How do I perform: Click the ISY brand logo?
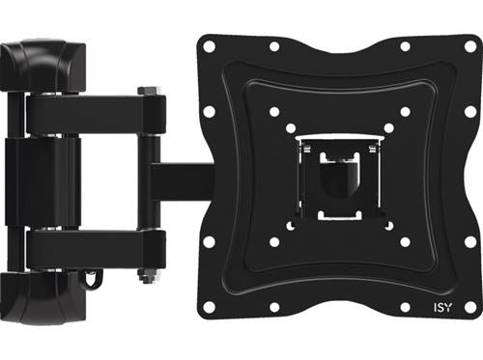tap(442, 308)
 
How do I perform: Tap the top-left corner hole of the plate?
tap(209, 46)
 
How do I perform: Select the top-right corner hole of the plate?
tap(470, 46)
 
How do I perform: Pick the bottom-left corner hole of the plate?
tap(209, 308)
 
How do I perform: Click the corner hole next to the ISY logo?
tap(470, 308)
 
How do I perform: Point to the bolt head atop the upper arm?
tap(148, 91)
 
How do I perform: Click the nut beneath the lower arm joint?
tap(148, 276)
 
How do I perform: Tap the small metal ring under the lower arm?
tap(91, 277)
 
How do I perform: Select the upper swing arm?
tap(96, 114)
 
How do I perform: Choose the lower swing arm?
tap(96, 250)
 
